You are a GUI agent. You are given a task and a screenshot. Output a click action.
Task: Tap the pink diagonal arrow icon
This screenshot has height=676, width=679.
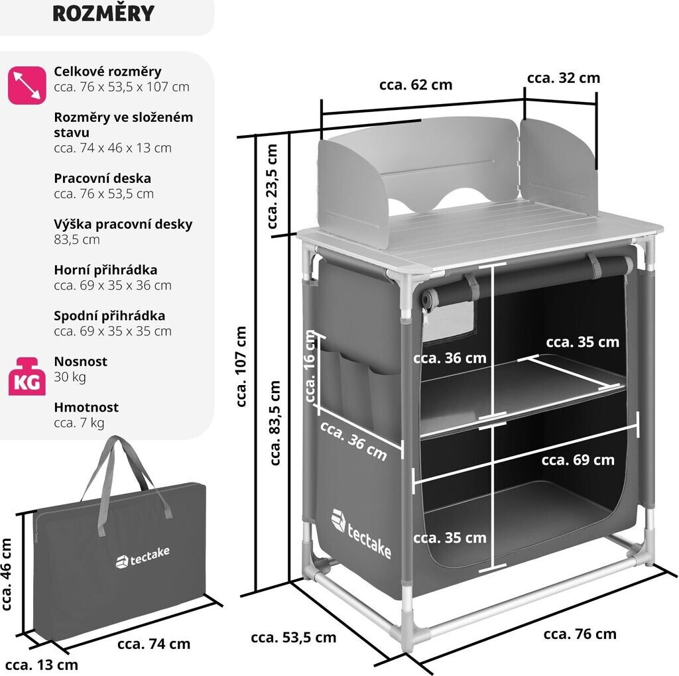(x=27, y=85)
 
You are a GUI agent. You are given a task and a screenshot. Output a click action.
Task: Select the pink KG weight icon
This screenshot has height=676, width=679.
(x=27, y=376)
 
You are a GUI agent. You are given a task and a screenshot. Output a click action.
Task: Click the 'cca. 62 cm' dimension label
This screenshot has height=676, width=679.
(x=416, y=85)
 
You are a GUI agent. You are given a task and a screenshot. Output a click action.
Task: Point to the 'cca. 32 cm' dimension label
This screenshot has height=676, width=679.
(x=563, y=78)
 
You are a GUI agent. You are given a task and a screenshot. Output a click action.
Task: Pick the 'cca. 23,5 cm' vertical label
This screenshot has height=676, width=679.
(x=273, y=186)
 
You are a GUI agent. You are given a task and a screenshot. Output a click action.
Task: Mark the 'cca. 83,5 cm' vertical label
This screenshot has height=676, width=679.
(x=274, y=423)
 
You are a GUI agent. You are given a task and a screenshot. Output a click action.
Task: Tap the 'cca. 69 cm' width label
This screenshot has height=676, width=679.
(x=578, y=460)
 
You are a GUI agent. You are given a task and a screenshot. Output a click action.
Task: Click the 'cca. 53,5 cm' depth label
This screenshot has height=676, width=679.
(x=293, y=638)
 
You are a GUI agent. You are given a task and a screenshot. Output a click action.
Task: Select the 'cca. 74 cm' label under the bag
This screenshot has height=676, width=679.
(x=153, y=644)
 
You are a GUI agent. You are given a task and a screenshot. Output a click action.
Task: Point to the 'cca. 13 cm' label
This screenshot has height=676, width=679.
(x=46, y=665)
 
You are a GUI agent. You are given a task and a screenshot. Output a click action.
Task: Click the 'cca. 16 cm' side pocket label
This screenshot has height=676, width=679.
(x=311, y=367)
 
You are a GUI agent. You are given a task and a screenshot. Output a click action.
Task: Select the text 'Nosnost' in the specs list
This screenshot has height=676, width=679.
(x=80, y=362)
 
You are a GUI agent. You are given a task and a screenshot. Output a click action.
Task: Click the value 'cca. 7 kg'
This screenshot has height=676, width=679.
(x=79, y=422)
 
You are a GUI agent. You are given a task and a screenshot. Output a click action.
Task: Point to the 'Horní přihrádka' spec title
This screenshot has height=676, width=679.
(x=105, y=270)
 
